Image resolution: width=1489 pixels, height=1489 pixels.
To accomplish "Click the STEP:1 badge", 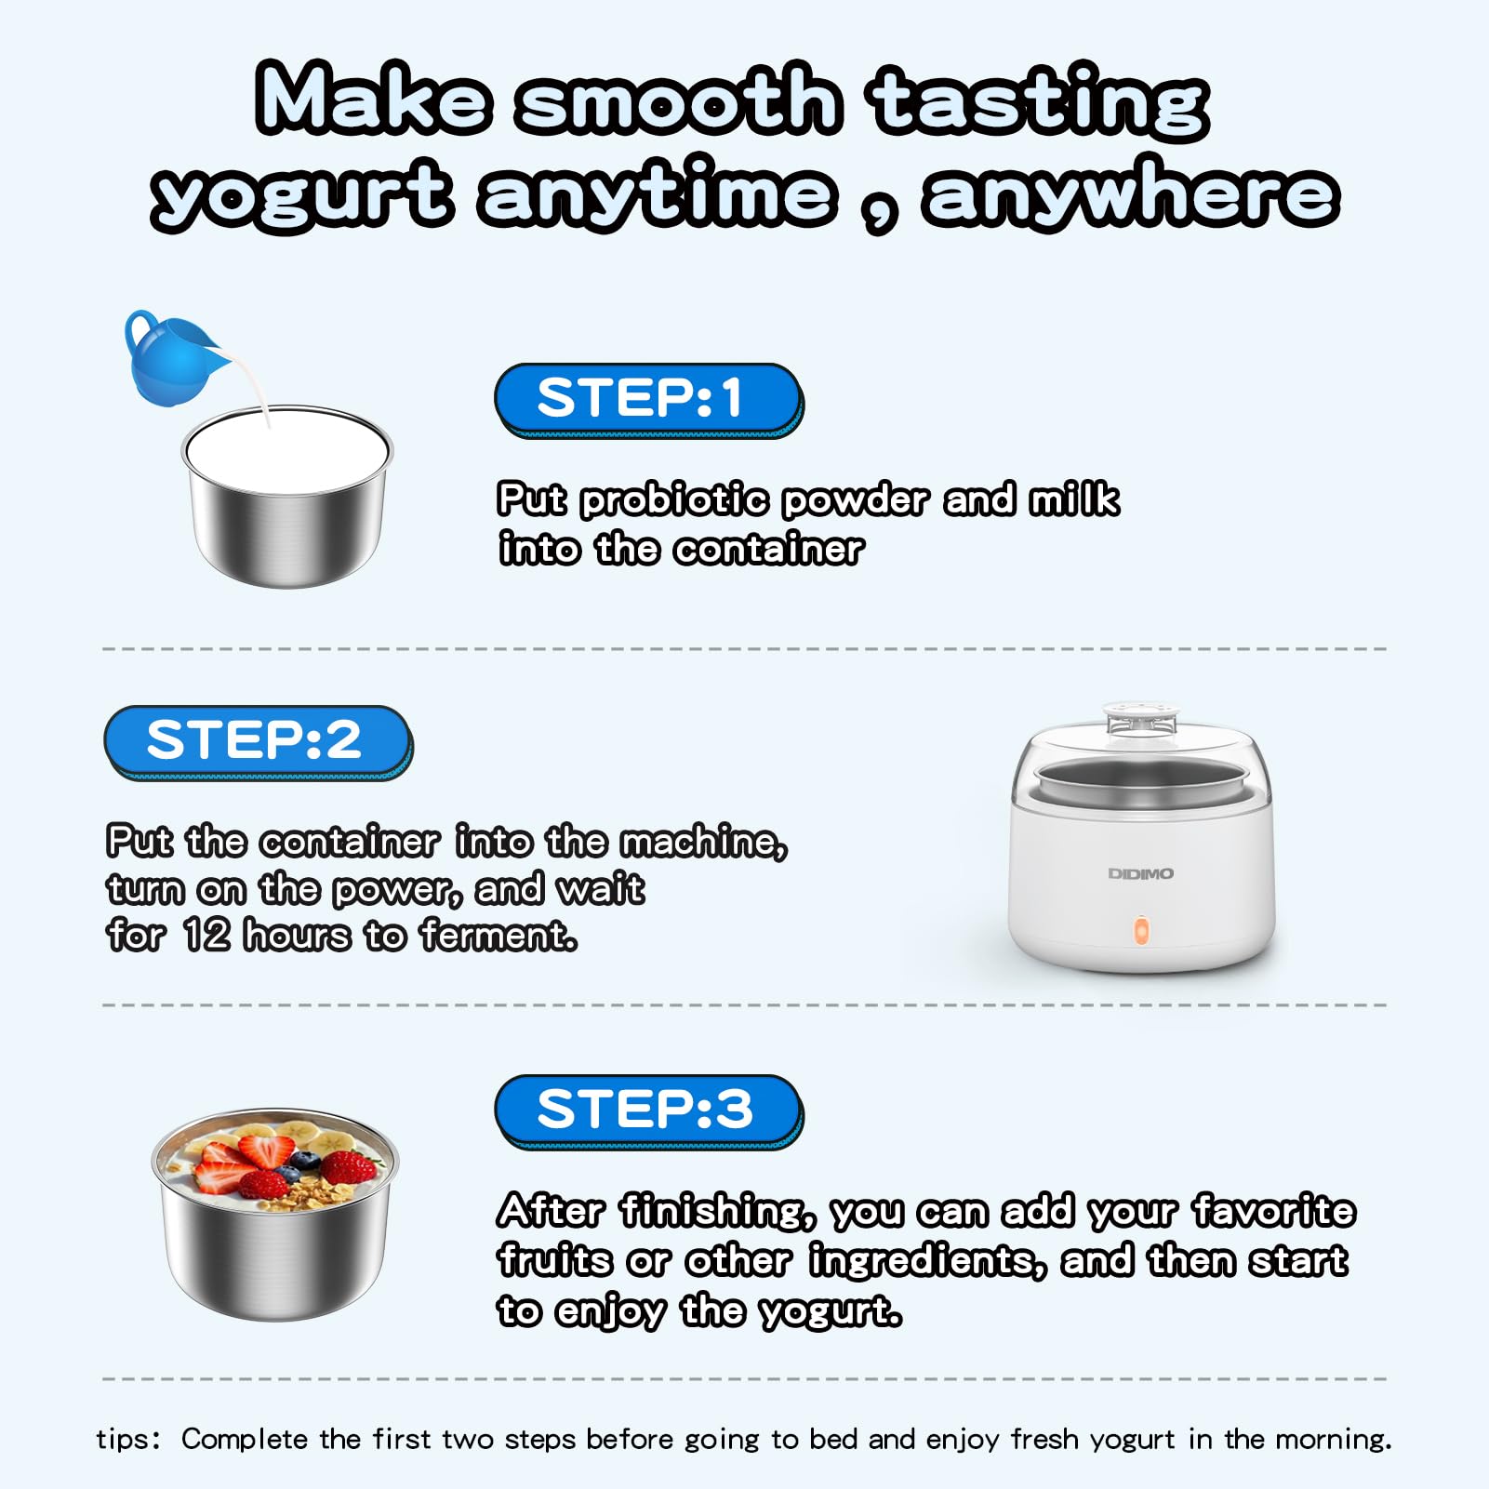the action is pos(648,400).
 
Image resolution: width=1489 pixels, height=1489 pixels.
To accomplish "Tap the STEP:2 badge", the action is pos(258,742).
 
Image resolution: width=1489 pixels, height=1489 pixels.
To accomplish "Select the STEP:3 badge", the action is pos(648,1111).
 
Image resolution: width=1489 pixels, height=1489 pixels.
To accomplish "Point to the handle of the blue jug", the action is pos(140,330).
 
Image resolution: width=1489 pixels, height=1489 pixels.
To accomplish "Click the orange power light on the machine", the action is pos(1141,931).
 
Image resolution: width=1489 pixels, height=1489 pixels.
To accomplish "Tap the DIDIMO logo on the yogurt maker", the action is pos(1140,873).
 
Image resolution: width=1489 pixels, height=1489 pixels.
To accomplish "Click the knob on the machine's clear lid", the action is pos(1140,717).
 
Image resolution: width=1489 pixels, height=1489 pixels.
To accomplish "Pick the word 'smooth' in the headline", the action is pos(678,100).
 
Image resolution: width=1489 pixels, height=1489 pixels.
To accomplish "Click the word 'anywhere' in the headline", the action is pos(1131,193).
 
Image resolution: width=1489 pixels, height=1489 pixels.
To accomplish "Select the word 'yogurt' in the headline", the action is pos(301,194).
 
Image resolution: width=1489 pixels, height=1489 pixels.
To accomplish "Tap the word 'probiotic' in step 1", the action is pos(674,500).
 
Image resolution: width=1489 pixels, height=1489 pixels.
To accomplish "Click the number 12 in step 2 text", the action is pos(206,935).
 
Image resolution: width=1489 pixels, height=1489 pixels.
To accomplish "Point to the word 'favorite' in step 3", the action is pos(1274,1211).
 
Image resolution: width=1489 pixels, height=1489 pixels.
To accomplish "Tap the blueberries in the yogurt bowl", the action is pos(303,1160).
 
